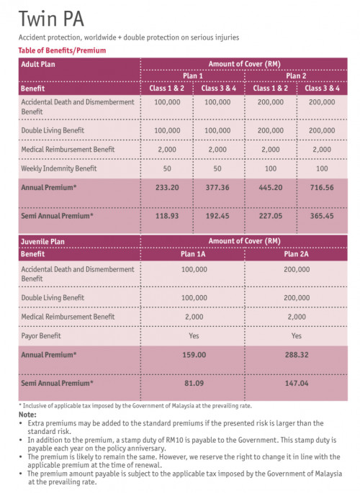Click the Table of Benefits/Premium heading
tap(63, 51)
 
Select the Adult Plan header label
tap(39, 64)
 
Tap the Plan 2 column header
tap(296, 76)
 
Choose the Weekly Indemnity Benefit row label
tap(59, 168)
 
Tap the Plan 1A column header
tap(192, 253)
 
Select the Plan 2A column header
tap(297, 253)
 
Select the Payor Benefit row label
tap(45, 335)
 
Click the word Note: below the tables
tap(27, 415)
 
